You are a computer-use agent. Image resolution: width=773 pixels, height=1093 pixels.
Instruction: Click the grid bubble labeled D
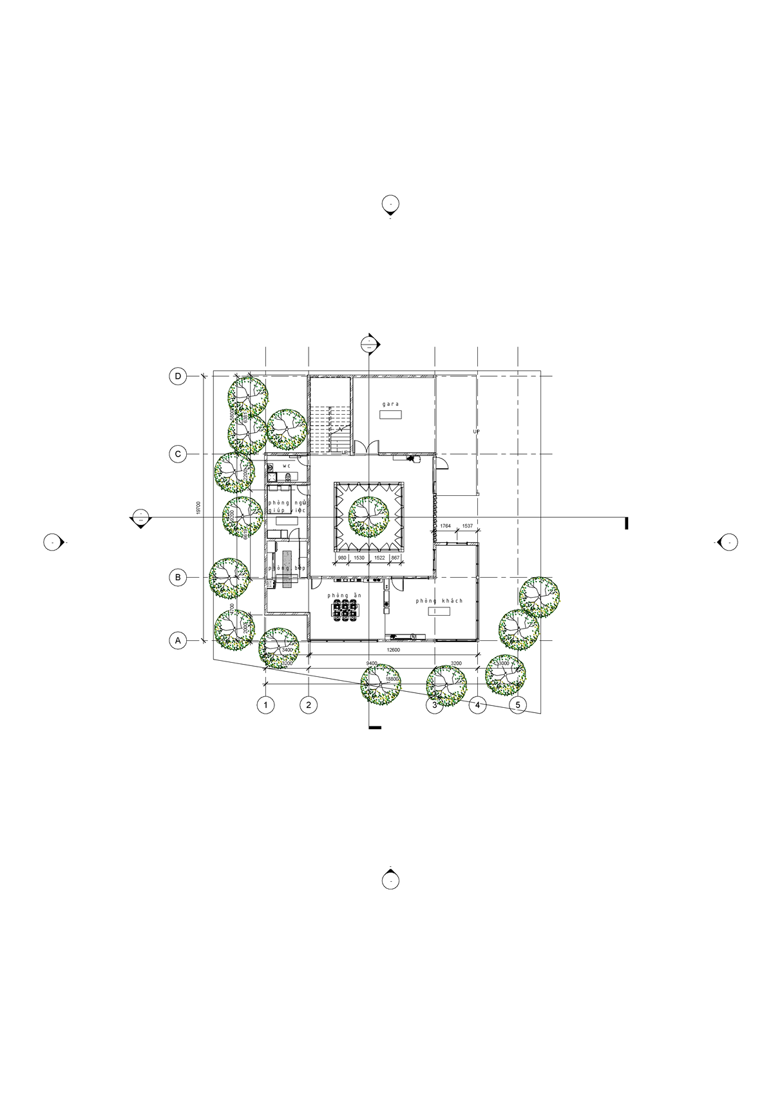(178, 376)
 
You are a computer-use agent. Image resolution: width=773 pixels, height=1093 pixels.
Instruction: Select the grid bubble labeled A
(178, 641)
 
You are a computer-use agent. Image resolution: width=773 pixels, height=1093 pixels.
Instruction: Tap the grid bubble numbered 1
(265, 705)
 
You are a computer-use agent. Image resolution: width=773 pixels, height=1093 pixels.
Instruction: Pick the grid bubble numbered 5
(518, 705)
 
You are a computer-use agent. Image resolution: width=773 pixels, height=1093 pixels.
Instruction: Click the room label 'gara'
(390, 404)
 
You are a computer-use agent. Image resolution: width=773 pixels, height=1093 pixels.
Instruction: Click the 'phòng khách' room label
(439, 601)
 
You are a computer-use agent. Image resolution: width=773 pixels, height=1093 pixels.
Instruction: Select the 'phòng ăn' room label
(344, 595)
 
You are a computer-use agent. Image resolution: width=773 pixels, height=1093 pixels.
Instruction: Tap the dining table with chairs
(345, 610)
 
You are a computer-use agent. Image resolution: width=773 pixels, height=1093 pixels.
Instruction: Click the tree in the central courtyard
(369, 517)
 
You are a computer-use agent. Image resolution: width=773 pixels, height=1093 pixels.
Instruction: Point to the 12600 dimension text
(393, 651)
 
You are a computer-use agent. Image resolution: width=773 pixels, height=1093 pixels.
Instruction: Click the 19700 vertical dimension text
(199, 508)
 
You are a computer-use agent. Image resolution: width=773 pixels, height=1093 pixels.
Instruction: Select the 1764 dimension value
(446, 526)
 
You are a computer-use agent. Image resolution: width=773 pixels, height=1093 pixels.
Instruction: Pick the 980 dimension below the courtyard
(342, 558)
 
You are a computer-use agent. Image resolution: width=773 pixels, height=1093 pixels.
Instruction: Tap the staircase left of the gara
(330, 428)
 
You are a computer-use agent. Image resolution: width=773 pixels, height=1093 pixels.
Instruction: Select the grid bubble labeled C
(178, 454)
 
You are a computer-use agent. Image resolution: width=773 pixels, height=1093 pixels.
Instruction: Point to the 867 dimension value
(396, 558)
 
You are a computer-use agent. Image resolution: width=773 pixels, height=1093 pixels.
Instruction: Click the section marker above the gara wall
(368, 343)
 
